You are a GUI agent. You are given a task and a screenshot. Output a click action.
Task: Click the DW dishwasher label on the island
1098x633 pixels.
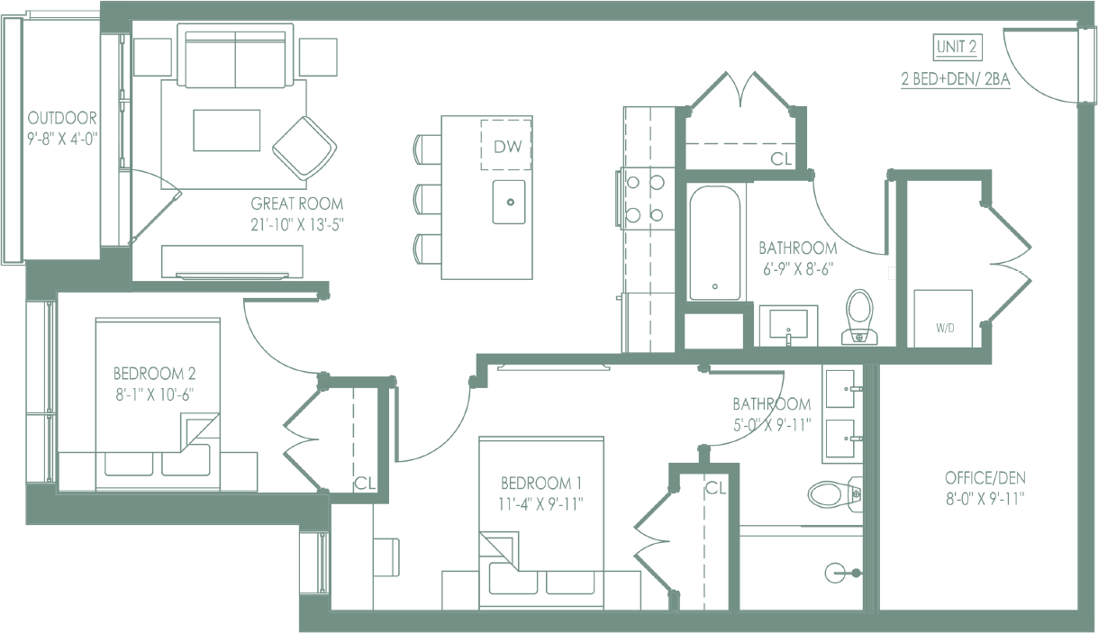tap(506, 145)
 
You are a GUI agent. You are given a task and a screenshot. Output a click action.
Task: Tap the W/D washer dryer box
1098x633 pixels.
tap(944, 318)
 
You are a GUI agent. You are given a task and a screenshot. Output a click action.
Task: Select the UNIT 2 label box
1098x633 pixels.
tap(957, 47)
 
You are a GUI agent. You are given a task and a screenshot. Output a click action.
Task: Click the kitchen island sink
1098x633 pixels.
tap(509, 202)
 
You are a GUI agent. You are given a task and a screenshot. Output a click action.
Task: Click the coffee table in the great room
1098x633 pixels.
tap(226, 131)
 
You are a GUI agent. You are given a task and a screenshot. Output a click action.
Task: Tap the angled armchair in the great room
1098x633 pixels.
tap(304, 148)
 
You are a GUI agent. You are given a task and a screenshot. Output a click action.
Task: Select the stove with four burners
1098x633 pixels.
tap(644, 198)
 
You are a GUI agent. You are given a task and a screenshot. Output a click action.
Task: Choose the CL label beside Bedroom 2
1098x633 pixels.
tap(364, 482)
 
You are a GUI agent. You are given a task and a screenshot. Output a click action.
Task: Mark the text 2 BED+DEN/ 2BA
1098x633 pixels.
tap(956, 79)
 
